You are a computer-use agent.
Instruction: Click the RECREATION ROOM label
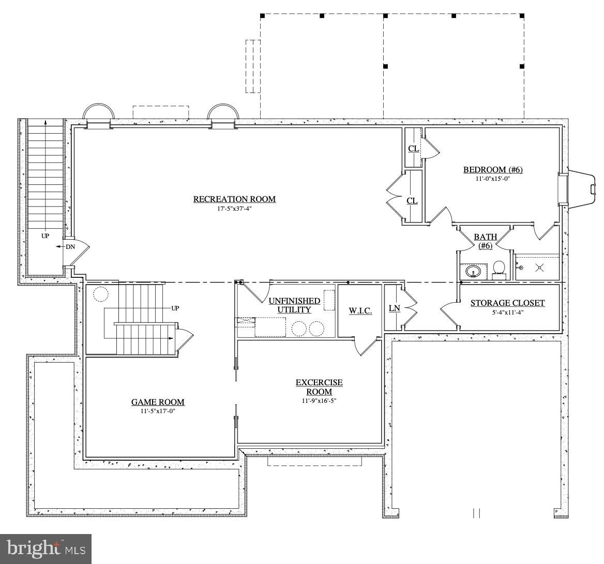point(234,199)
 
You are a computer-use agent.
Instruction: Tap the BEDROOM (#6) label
point(493,169)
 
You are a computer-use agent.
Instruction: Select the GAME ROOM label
point(158,402)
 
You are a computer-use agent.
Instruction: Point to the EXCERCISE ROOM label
point(319,387)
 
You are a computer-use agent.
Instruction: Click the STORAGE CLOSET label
point(507,303)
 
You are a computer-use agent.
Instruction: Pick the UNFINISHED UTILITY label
point(294,305)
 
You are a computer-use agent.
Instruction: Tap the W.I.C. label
point(360,311)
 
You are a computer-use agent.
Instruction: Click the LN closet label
point(394,308)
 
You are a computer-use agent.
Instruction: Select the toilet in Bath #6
point(499,269)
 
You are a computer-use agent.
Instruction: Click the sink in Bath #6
point(473,272)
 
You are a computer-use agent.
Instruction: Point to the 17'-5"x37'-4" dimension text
point(234,209)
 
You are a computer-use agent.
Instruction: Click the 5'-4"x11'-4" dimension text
point(507,312)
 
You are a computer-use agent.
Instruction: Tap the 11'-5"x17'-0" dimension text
point(158,411)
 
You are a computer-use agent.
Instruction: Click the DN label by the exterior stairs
point(70,246)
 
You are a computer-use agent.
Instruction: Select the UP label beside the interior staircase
point(175,308)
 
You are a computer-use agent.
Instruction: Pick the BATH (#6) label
point(486,241)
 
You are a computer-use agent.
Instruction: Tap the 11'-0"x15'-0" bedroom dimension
point(493,179)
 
